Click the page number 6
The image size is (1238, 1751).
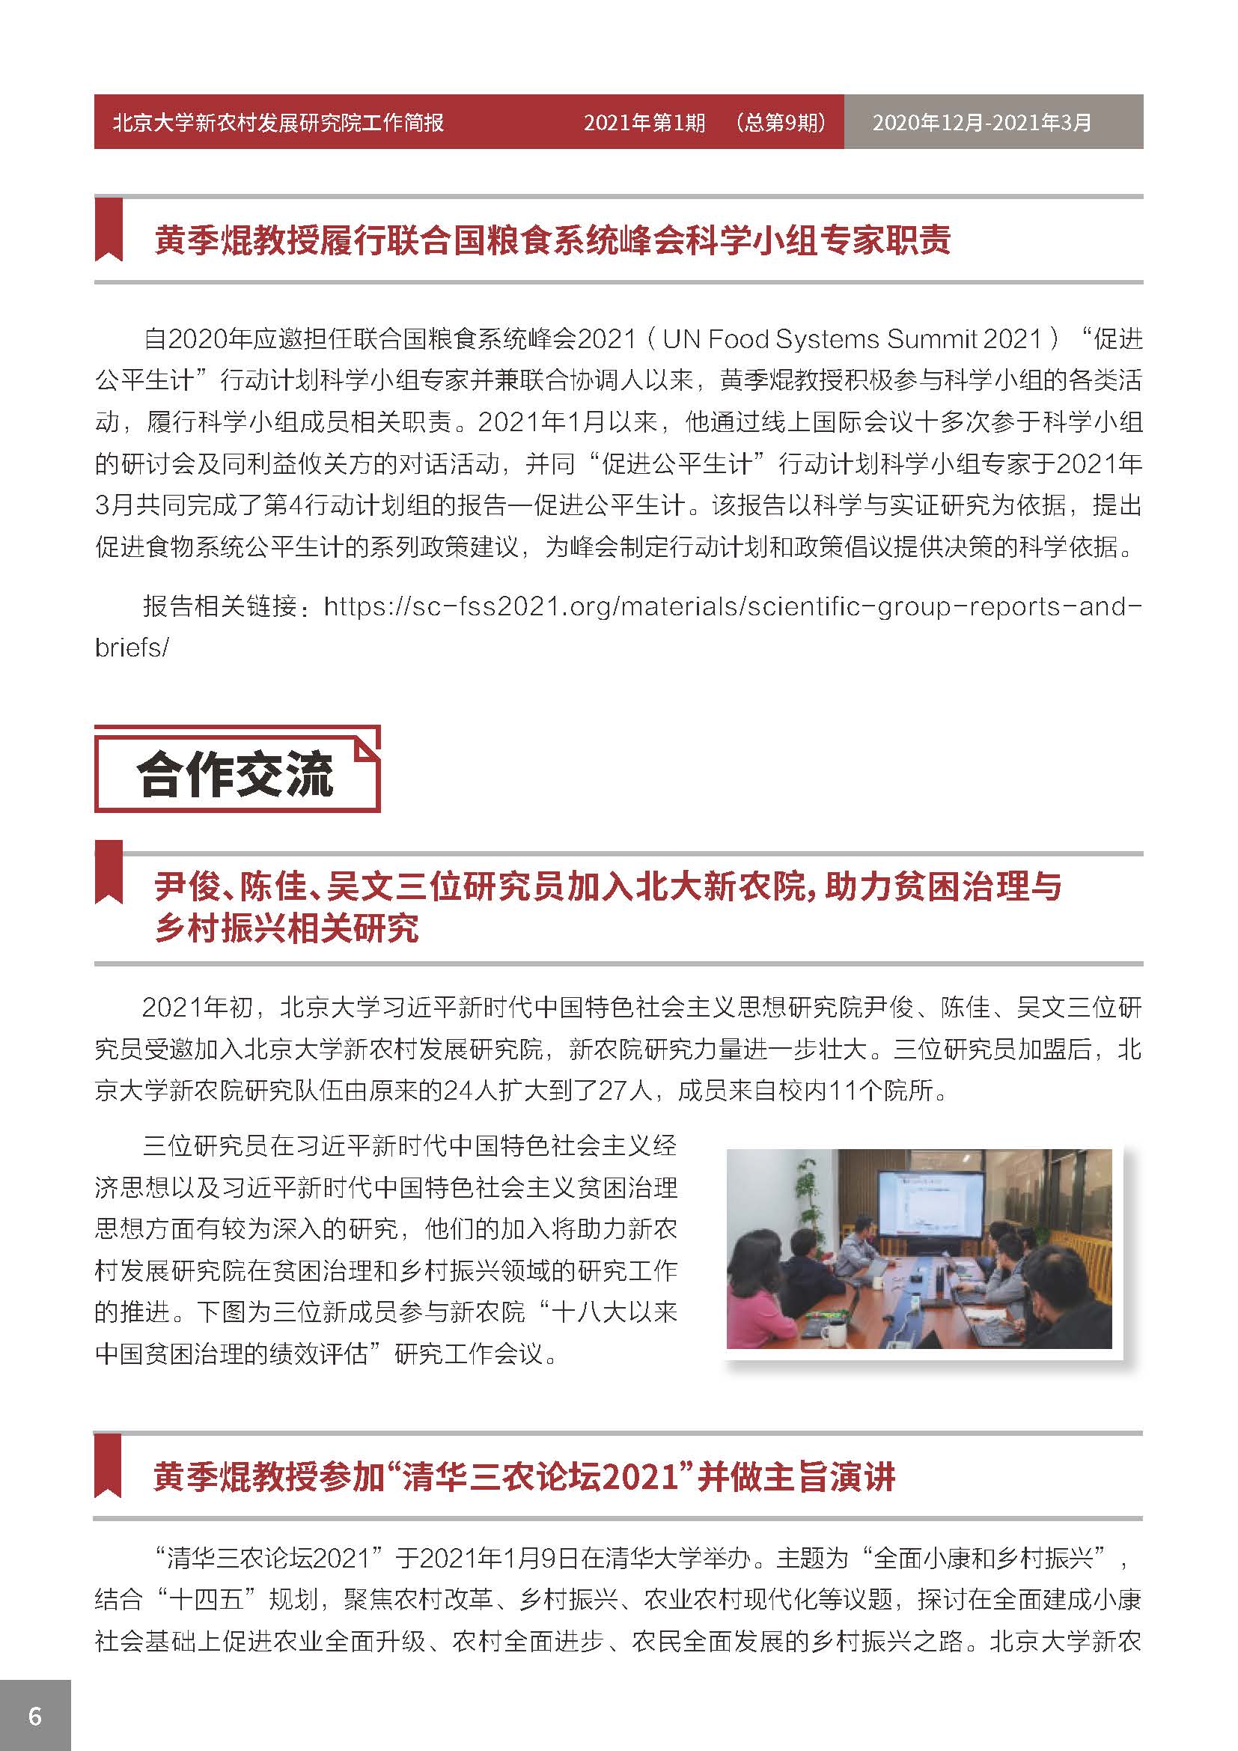coord(35,1716)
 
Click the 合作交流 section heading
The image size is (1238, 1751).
coord(236,775)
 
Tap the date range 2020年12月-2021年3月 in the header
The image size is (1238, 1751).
coord(981,122)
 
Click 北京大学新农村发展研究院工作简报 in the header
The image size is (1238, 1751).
coord(278,122)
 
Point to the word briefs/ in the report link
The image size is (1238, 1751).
coord(131,648)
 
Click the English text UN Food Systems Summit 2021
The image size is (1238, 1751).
coord(851,338)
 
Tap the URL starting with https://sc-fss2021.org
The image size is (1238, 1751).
coord(732,606)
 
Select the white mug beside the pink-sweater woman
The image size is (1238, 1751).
coord(832,1334)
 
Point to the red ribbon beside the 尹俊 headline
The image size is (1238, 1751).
coord(109,873)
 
